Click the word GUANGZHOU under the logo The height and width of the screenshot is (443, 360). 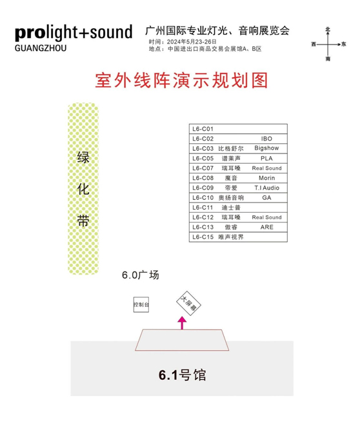point(41,48)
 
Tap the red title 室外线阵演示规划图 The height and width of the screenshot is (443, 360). point(181,81)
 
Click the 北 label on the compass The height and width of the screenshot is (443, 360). point(328,30)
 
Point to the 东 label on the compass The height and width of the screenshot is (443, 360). point(344,44)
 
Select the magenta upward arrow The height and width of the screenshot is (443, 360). point(182,322)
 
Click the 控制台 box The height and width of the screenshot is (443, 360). point(141,304)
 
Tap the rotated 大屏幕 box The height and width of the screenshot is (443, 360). point(188,304)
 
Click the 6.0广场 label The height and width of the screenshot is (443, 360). point(141,275)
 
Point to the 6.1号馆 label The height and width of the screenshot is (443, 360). point(183,375)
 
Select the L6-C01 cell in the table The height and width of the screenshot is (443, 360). point(203,129)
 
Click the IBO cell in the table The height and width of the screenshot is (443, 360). point(266,139)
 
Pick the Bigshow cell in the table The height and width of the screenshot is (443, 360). point(266,148)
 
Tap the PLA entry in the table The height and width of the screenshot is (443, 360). point(266,159)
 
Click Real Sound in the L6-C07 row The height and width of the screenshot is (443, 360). point(266,168)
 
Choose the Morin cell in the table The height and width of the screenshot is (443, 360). point(266,178)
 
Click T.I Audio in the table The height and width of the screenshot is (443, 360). point(266,188)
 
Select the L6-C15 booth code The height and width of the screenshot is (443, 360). point(203,237)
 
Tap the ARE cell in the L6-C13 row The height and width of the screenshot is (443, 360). point(266,227)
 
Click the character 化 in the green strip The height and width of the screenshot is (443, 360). point(83,189)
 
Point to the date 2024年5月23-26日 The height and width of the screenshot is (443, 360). point(183,42)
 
